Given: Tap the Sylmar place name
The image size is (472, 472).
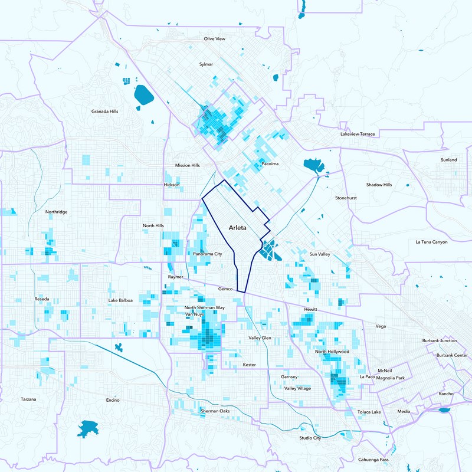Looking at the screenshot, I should click(206, 64).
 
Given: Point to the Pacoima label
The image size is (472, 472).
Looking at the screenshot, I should click(269, 163).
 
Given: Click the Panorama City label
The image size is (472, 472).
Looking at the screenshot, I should click(207, 254).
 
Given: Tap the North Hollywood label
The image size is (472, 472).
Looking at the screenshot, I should click(332, 352).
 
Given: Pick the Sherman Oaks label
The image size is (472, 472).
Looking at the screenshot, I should click(215, 410).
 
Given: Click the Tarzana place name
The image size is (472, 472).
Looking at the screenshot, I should click(28, 399).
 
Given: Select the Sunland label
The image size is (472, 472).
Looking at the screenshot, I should click(448, 160).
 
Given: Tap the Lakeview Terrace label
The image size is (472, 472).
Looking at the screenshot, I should click(358, 135).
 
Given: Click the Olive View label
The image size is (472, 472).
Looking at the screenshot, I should click(215, 38).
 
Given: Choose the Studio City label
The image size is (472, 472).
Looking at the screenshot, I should click(310, 438).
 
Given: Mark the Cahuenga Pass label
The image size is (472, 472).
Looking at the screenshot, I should click(373, 460).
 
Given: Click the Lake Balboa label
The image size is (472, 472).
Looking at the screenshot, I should click(120, 300).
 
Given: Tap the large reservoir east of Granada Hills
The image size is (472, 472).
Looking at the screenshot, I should click(143, 95).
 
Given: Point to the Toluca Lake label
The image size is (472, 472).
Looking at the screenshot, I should click(369, 412).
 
